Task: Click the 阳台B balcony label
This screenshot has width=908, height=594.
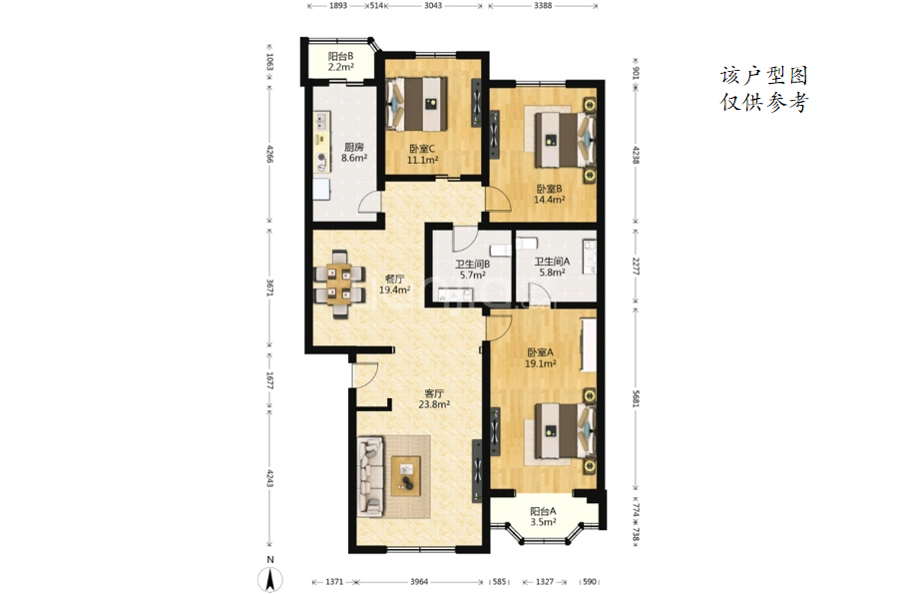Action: (340, 56)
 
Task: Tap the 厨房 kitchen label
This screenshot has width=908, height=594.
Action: (354, 147)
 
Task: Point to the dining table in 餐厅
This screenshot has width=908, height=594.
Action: (339, 285)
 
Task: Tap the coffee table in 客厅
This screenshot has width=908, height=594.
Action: (406, 476)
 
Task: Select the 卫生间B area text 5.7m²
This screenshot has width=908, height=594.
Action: (473, 276)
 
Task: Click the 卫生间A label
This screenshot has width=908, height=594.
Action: (551, 262)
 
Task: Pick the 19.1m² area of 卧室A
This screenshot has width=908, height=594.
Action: (540, 364)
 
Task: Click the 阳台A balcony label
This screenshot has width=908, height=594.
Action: (543, 511)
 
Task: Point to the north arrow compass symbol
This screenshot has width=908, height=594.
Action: (269, 578)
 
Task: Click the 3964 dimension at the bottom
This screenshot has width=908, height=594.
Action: (419, 581)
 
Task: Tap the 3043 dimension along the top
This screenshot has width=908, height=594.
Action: (433, 5)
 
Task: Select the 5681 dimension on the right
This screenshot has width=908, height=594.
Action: (636, 397)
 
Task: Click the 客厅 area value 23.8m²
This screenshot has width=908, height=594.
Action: (434, 404)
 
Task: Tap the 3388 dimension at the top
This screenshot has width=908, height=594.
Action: (543, 5)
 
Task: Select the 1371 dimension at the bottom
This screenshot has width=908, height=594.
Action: (334, 581)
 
